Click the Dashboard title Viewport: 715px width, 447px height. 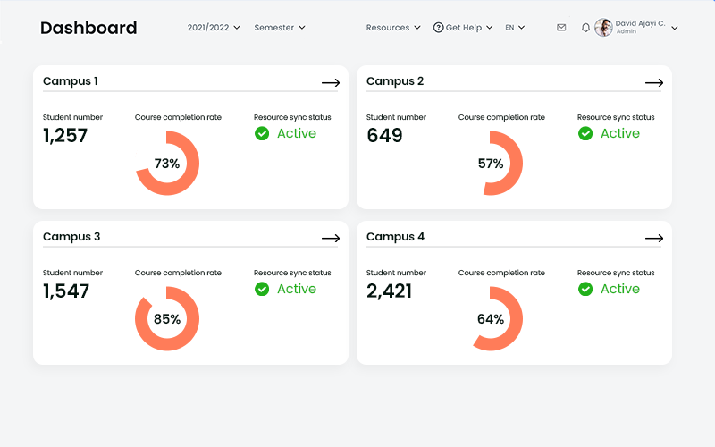coord(88,28)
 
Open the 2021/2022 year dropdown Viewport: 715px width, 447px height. coord(214,28)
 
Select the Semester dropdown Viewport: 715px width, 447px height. coord(279,28)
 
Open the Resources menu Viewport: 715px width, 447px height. coord(392,28)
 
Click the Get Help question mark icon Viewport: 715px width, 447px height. coord(438,28)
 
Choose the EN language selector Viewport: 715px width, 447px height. coord(515,28)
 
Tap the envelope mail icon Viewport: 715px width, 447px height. coord(561,28)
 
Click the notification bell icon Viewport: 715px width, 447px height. coord(585,28)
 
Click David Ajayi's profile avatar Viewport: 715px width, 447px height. coord(603,28)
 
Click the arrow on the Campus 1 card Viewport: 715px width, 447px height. coord(331,83)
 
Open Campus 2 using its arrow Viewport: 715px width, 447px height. coord(654,83)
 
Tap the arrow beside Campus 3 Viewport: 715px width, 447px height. coord(331,239)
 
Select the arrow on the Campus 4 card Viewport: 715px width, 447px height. coord(654,239)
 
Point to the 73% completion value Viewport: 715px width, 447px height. coord(167,164)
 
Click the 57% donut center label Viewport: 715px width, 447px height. coord(491,164)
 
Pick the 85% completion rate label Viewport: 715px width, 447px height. coord(167,319)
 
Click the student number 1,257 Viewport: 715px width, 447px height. coord(65,136)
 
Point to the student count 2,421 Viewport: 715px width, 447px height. coord(389,291)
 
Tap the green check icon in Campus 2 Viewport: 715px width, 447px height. coord(585,133)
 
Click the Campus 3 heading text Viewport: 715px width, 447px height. coord(71,237)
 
